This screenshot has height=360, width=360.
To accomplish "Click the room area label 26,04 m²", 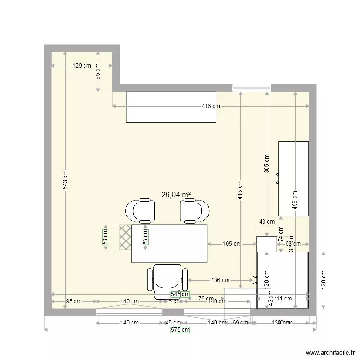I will [176, 195].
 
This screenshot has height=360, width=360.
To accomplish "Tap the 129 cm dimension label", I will [82, 66].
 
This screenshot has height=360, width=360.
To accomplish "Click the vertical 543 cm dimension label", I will [66, 180].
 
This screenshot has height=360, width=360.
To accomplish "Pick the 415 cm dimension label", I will [240, 189].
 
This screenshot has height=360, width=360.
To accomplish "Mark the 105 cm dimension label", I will [232, 244].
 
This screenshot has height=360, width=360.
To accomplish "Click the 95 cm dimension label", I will [74, 301].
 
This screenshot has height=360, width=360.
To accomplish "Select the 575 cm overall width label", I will [180, 330].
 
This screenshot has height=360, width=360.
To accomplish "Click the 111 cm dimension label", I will [283, 298].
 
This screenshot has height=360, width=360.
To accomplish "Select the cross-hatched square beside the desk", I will [125, 236].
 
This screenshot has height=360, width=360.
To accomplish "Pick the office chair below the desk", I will [167, 281].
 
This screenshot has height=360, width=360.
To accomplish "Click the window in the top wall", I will [252, 88].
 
